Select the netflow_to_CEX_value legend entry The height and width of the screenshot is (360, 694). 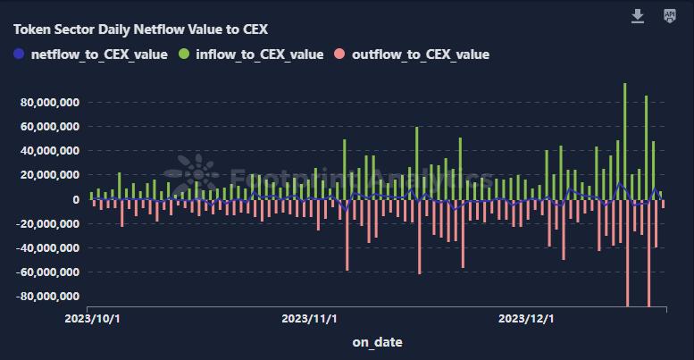(x=90, y=54)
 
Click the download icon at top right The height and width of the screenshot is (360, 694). (x=638, y=16)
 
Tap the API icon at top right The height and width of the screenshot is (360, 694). (x=670, y=16)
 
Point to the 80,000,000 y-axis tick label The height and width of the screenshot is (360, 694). (x=50, y=103)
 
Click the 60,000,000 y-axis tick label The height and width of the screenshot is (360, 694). (x=50, y=127)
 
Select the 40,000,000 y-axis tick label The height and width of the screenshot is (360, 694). (x=50, y=151)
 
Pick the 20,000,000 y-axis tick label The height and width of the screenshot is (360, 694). (x=50, y=175)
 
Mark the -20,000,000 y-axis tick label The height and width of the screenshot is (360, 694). (x=48, y=223)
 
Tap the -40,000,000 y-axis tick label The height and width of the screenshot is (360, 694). (x=48, y=247)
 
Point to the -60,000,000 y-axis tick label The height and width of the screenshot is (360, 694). (x=48, y=272)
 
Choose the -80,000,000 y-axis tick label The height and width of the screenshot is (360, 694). (x=48, y=296)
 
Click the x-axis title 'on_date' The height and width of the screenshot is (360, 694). (x=377, y=342)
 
